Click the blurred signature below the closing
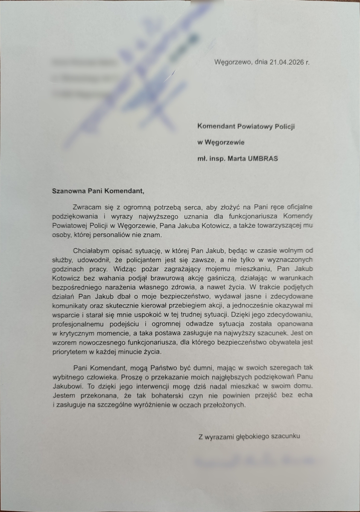[x=254, y=461]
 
